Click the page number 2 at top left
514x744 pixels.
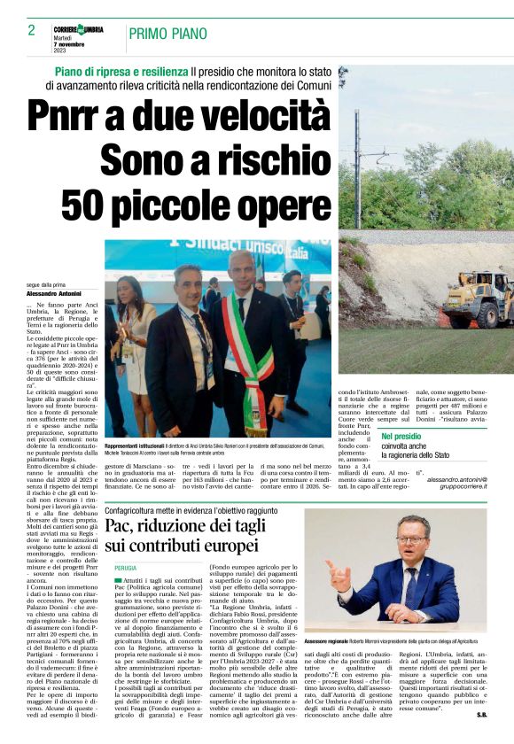point(31,30)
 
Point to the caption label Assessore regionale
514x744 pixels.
point(355,640)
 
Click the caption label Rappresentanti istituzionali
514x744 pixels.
point(137,446)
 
